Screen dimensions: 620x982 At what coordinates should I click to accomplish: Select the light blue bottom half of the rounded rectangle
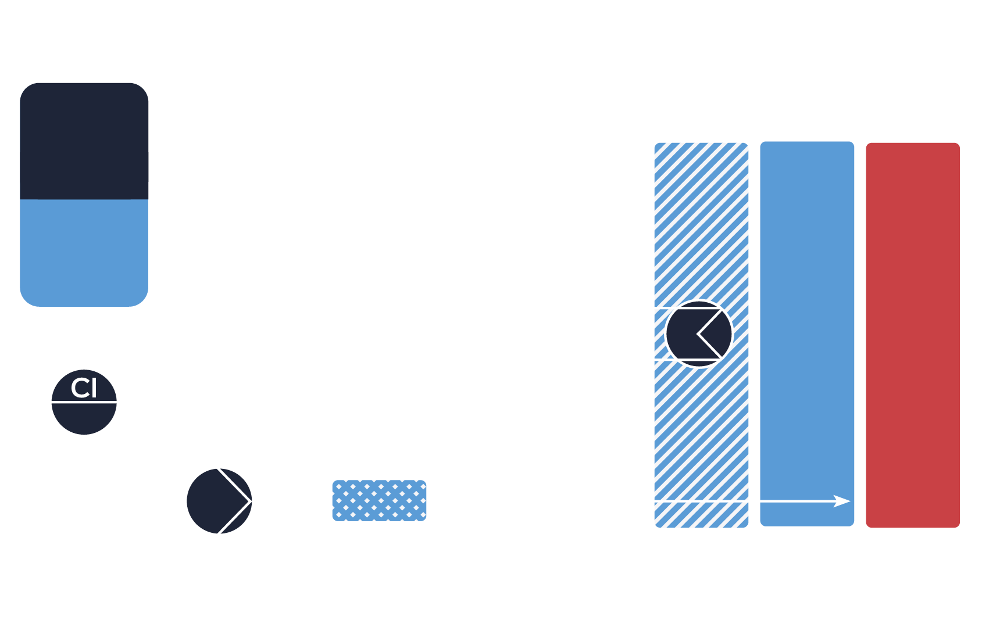tap(84, 253)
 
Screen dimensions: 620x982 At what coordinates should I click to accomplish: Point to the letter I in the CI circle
tap(93, 388)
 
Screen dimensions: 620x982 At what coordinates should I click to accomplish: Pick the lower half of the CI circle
tap(84, 418)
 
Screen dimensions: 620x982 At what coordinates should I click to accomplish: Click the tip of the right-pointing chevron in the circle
tap(250, 500)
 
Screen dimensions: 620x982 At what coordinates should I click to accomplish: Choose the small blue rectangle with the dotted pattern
tap(379, 500)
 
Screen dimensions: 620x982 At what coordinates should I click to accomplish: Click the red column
tap(912, 335)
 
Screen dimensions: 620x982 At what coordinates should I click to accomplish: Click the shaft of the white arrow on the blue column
tap(797, 501)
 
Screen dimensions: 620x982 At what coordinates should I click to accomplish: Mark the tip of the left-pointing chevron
tap(698, 334)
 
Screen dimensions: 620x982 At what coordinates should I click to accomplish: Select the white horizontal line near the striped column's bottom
tap(698, 500)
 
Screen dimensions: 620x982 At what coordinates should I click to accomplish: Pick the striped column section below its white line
tap(701, 515)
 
